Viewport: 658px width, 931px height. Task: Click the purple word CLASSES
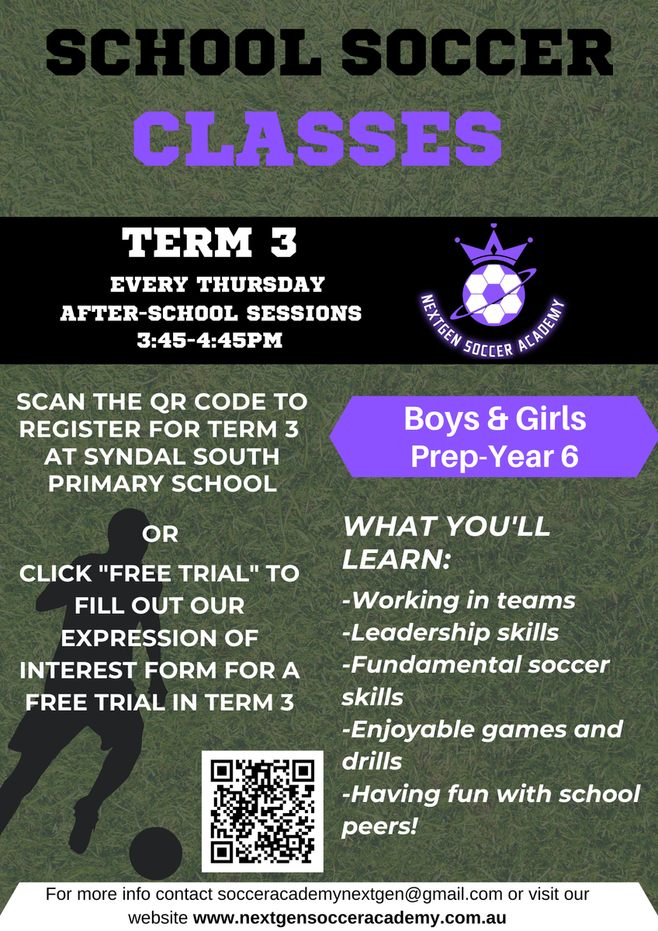tap(317, 138)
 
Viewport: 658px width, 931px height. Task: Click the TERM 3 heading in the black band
tap(209, 242)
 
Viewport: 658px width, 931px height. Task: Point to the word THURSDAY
tap(261, 285)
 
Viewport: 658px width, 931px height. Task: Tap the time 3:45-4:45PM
tap(210, 341)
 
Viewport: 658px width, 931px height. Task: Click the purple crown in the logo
tap(493, 244)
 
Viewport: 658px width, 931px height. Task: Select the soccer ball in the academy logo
tap(493, 294)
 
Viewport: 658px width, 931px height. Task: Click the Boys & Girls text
tap(494, 418)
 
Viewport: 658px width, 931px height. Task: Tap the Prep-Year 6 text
tap(494, 456)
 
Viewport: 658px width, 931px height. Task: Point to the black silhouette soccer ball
tap(155, 853)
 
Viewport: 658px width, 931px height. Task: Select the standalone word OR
tap(160, 534)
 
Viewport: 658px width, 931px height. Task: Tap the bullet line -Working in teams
tap(459, 601)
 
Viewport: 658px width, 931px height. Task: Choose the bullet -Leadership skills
tap(450, 633)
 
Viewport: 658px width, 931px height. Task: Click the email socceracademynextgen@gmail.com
tap(359, 894)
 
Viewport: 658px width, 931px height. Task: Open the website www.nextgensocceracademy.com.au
tap(350, 917)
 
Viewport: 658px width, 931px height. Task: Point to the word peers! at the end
tap(379, 825)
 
